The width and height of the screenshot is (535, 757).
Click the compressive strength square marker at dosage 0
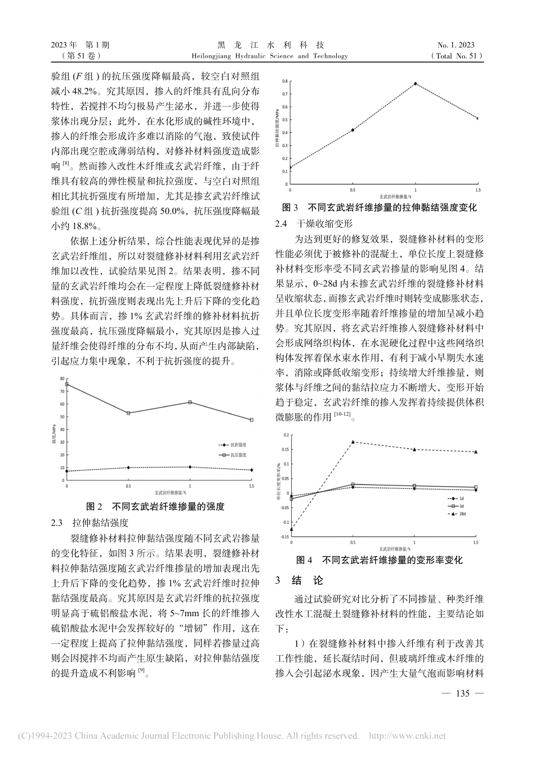coord(67,384)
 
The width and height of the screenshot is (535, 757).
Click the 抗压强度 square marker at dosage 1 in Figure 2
coord(190,402)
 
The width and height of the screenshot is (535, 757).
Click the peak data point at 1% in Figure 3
coord(416,83)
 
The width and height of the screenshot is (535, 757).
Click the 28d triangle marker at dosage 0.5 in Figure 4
coord(353,442)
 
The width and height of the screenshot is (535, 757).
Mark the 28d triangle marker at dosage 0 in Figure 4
coord(292,529)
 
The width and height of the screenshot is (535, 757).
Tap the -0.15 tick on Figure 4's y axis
coord(284,537)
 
